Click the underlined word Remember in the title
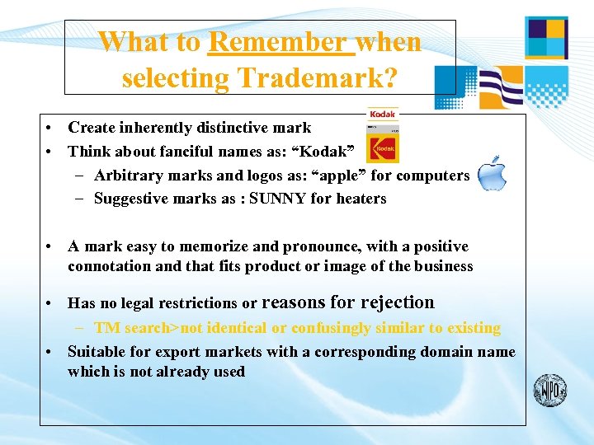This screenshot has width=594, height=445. coord(280,41)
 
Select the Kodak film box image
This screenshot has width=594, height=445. coord(382,138)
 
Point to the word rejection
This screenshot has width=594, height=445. coord(394,302)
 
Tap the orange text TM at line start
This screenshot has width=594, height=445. coord(106,328)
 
